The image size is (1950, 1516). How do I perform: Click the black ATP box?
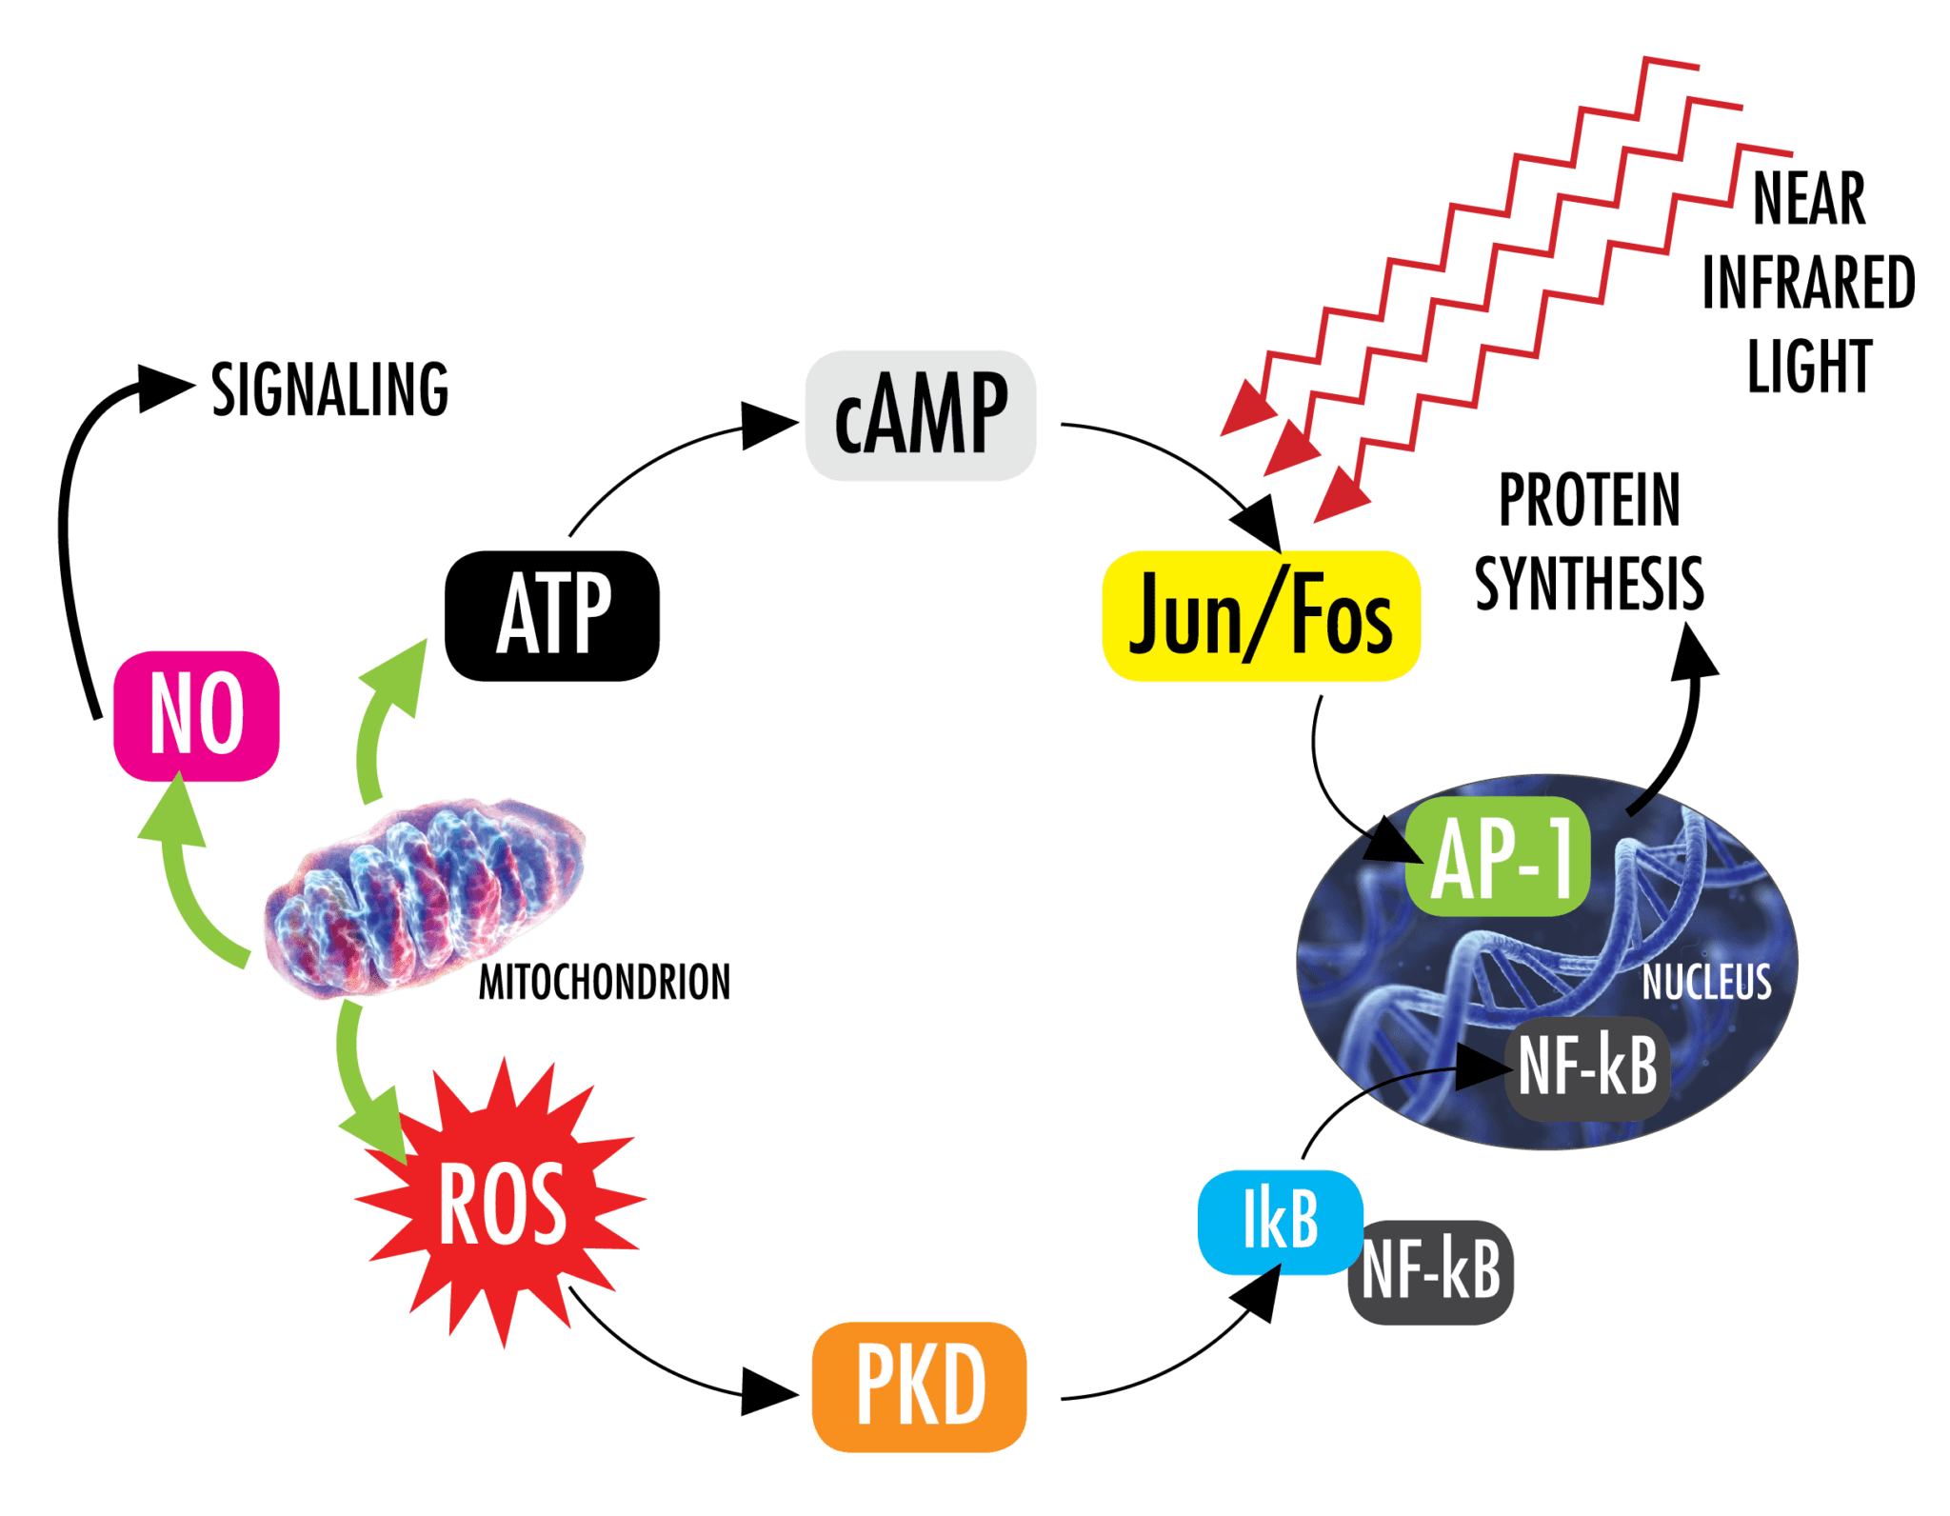click(x=552, y=615)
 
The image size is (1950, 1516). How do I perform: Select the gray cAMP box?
click(x=920, y=416)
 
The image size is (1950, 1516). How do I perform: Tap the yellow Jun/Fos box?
click(x=1260, y=616)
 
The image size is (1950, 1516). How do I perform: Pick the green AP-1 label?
click(x=1498, y=857)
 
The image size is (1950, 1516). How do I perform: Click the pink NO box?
click(x=196, y=715)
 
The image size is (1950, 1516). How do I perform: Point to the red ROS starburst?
click(x=502, y=1205)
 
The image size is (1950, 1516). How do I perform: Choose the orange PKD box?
click(x=919, y=1386)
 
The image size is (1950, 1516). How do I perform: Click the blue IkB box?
click(x=1280, y=1221)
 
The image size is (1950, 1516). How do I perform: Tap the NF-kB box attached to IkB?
click(x=1430, y=1272)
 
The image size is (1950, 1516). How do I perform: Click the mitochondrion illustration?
click(x=424, y=895)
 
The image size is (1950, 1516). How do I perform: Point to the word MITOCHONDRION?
click(x=604, y=984)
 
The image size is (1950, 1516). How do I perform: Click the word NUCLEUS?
click(x=1706, y=983)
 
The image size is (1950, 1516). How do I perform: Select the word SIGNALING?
click(x=329, y=389)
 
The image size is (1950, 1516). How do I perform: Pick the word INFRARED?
click(x=1808, y=283)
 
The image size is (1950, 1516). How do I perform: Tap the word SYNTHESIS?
click(x=1588, y=584)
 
